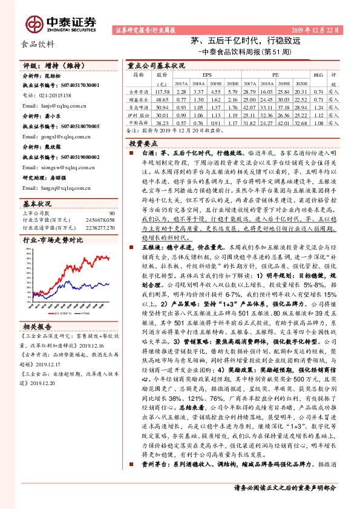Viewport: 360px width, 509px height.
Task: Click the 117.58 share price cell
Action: tap(162, 91)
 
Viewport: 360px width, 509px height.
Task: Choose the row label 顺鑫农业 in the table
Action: tap(139, 99)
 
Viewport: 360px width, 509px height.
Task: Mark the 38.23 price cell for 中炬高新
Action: tap(162, 121)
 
